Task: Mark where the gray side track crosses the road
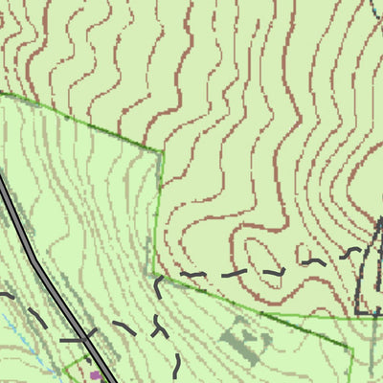click(x=86, y=339)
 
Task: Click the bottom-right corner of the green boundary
click(x=350, y=348)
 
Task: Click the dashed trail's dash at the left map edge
click(x=5, y=294)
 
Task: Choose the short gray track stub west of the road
click(x=69, y=339)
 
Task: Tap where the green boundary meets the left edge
click(x=2, y=93)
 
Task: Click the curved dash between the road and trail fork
click(x=125, y=327)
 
